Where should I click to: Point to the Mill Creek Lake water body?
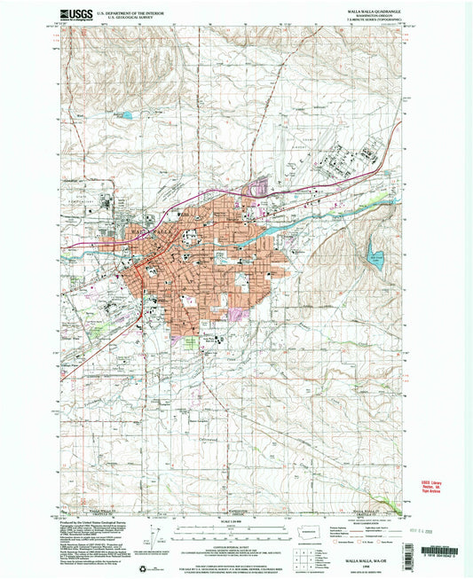376,261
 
